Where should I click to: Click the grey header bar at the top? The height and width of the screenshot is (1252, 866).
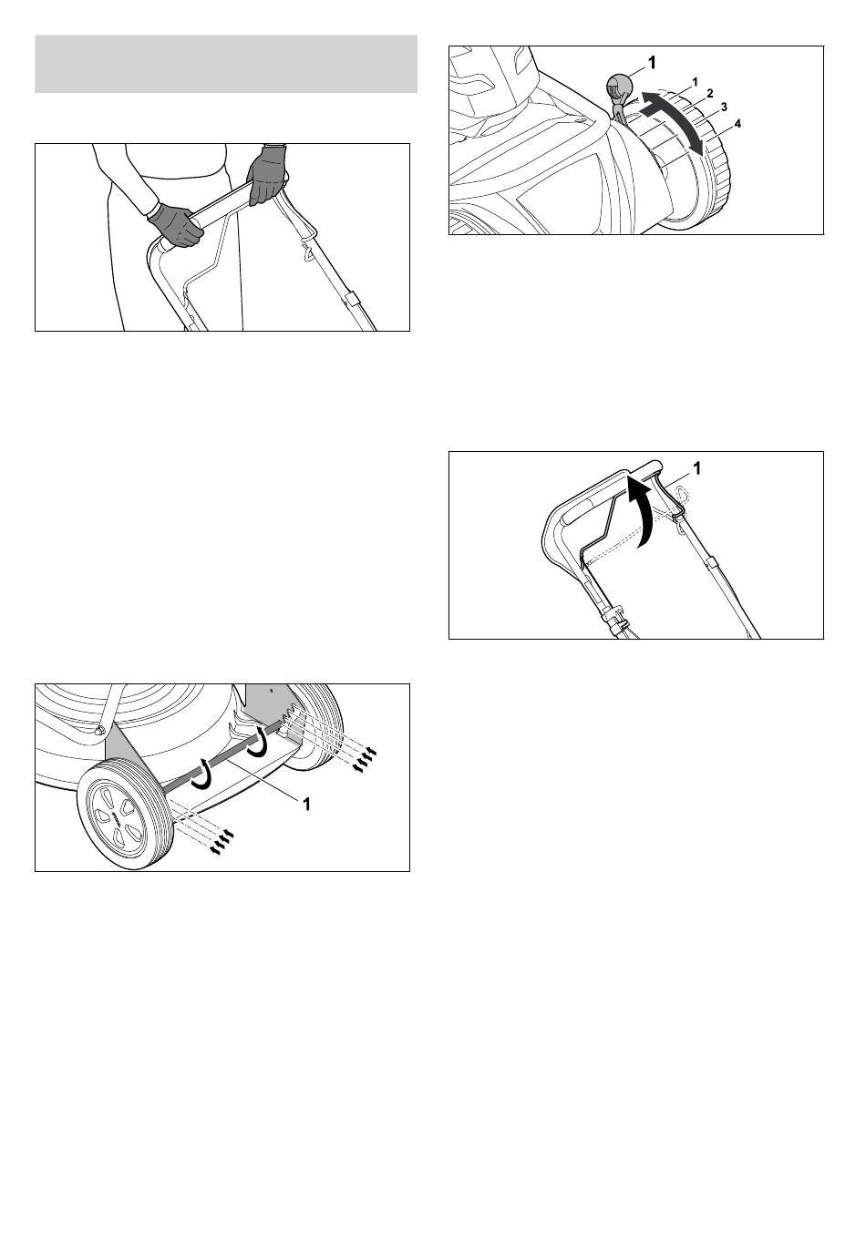pos(226,64)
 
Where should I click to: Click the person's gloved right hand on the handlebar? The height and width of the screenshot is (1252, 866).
pos(175,225)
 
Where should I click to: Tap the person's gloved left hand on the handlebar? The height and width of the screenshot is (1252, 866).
pos(267,175)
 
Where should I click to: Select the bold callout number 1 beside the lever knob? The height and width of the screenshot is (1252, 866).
pos(651,63)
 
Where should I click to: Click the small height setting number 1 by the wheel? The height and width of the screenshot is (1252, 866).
pos(695,82)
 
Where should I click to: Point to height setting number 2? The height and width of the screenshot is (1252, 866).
pos(709,93)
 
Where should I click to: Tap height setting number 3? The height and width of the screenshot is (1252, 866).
pos(724,107)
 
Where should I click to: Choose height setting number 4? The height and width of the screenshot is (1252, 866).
pos(737,124)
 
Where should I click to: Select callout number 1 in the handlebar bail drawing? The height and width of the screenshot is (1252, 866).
pos(697,468)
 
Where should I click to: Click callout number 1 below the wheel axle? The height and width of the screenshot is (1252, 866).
pos(305,805)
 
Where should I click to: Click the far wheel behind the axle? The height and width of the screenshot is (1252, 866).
pos(316,725)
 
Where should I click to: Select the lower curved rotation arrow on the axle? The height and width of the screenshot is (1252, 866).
pos(201,777)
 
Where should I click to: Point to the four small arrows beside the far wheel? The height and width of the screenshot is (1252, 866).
pos(364,759)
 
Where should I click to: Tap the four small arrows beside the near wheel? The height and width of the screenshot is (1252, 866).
pos(221,843)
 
